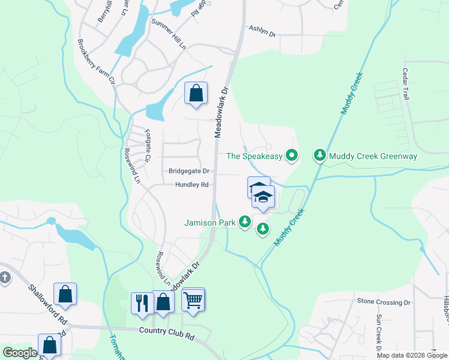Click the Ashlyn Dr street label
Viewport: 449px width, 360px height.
click(x=262, y=32)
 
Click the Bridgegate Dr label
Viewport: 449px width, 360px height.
click(x=188, y=171)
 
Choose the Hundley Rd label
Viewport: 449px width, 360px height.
click(x=191, y=185)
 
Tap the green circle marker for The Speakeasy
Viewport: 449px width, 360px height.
click(x=292, y=156)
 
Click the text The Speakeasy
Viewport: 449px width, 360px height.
click(x=254, y=156)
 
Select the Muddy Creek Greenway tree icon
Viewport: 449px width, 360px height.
click(x=320, y=156)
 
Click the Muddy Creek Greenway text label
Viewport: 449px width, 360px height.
click(x=373, y=156)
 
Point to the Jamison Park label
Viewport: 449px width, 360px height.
click(x=209, y=223)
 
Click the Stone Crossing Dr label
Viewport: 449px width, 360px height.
click(x=384, y=301)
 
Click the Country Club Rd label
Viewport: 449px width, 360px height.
click(x=167, y=330)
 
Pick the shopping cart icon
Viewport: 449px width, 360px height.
click(x=193, y=299)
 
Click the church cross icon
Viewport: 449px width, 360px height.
click(x=5, y=277)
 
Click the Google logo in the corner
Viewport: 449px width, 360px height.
click(x=20, y=353)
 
